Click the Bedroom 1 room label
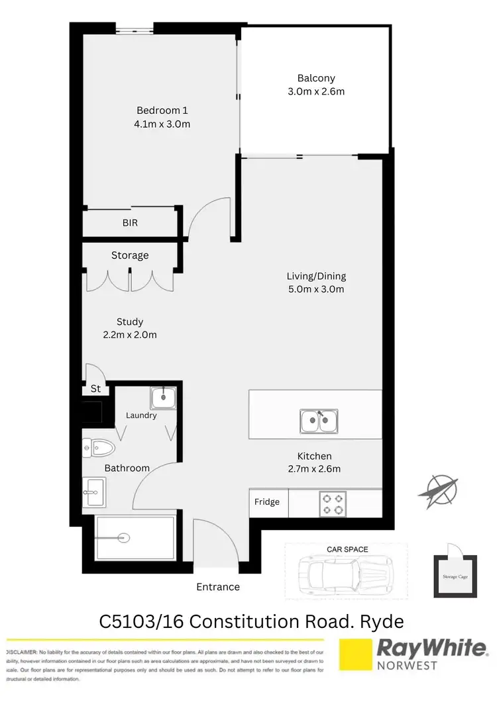158,110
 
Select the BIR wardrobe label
130,223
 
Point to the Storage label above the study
130,255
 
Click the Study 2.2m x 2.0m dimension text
130,335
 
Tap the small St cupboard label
95,390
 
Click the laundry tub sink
163,398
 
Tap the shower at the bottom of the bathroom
136,537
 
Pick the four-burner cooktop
331,502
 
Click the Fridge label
267,502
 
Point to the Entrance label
218,587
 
